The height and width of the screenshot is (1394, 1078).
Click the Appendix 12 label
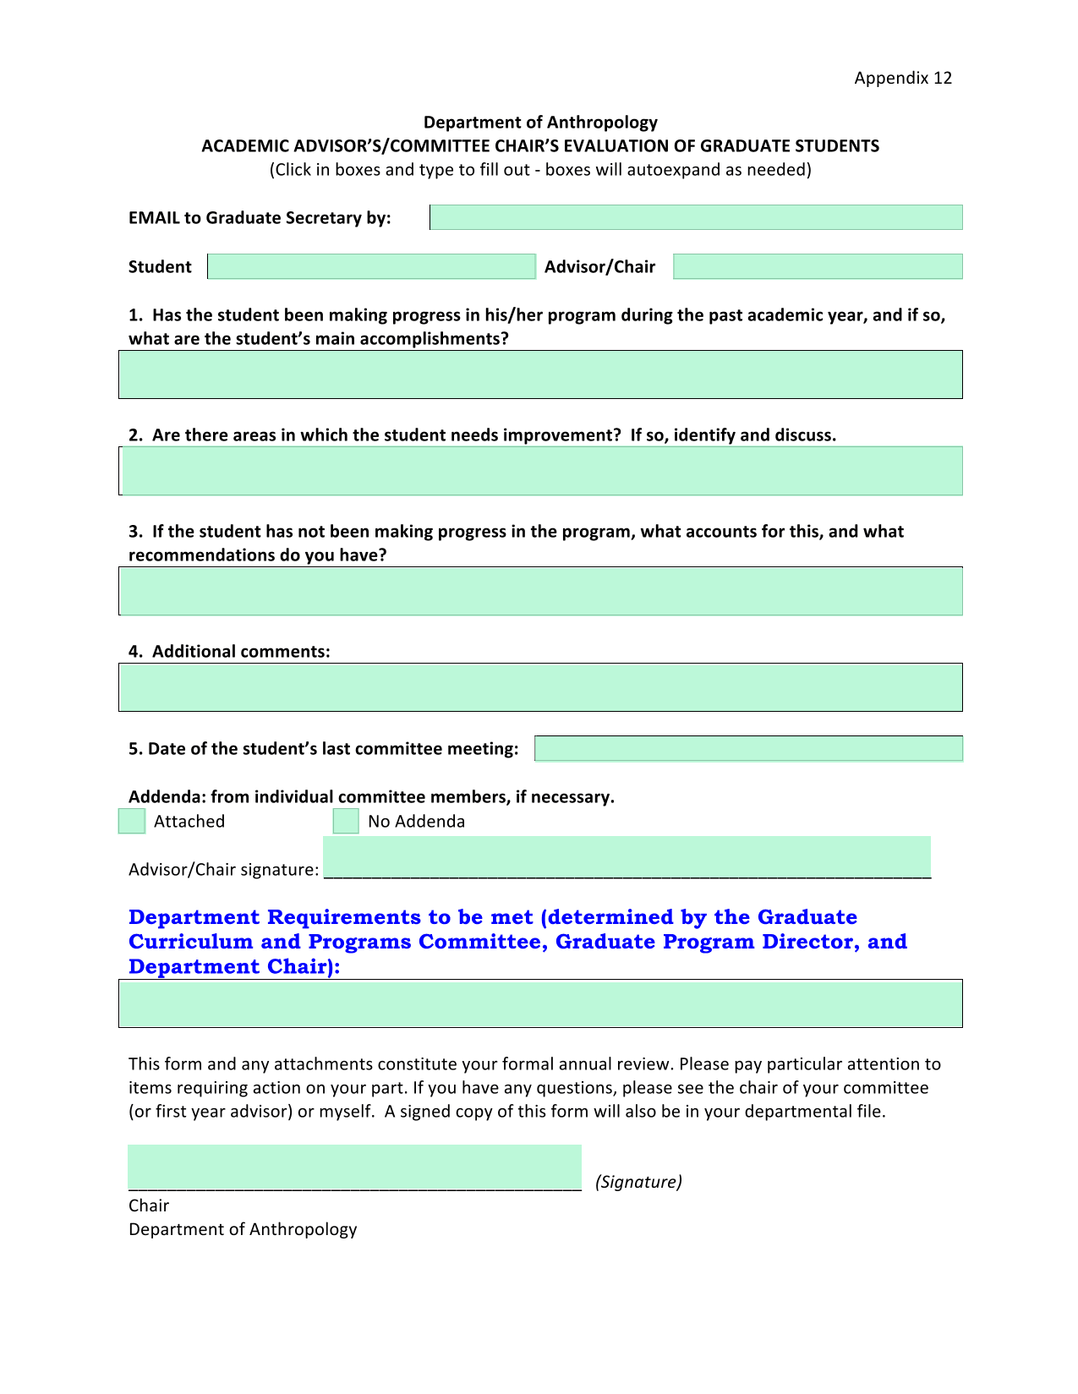(902, 78)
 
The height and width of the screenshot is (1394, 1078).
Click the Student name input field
(371, 266)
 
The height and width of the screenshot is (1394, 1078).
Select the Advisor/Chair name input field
(818, 266)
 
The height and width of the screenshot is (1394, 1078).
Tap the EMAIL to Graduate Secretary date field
(696, 217)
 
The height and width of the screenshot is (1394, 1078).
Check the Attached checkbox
(132, 821)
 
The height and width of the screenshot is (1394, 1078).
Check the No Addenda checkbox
(346, 821)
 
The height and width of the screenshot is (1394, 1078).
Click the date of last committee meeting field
(748, 748)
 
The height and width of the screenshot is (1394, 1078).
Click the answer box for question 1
(540, 374)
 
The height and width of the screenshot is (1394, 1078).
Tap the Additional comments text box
(540, 687)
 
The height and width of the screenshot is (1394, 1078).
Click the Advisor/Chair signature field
(627, 858)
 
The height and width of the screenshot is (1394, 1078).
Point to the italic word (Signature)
(638, 1182)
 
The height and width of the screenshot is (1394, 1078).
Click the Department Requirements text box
(540, 1003)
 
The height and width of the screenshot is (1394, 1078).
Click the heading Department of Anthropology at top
(540, 123)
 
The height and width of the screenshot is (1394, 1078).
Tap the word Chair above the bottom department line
(149, 1205)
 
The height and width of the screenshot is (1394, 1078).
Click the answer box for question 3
(540, 591)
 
